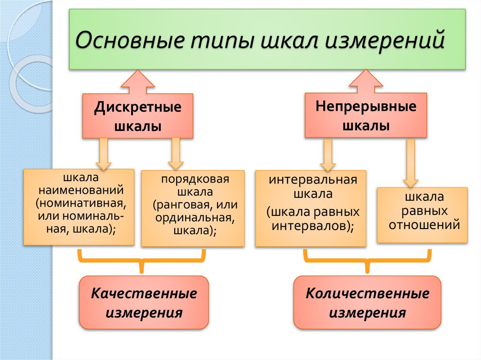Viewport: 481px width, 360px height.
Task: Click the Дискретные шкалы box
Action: click(x=138, y=116)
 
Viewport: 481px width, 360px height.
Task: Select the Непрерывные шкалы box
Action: click(x=365, y=115)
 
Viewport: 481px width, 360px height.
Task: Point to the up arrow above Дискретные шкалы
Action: click(x=138, y=83)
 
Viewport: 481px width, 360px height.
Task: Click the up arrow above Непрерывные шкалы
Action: click(x=365, y=82)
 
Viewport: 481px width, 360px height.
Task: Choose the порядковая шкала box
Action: click(x=193, y=208)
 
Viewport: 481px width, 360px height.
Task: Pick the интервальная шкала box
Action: click(x=310, y=208)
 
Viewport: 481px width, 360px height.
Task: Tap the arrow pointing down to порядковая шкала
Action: click(x=176, y=153)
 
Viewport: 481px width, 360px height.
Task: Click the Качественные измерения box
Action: click(x=144, y=302)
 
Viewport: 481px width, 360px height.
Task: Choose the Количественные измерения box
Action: click(x=367, y=302)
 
